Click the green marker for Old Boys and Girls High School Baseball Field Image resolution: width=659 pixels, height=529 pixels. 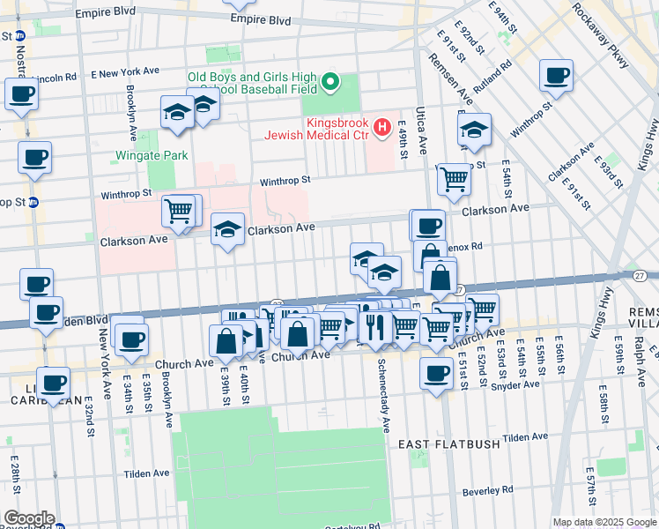click(330, 84)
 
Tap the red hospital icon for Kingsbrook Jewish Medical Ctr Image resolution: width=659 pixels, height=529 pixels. click(381, 129)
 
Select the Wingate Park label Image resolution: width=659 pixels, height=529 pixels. click(152, 156)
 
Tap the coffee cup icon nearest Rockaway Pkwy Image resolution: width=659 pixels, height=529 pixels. click(556, 76)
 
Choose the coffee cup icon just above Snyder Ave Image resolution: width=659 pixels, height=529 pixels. click(436, 372)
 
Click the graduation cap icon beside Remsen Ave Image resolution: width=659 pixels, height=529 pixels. click(474, 130)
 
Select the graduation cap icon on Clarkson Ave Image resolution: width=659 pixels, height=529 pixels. click(228, 231)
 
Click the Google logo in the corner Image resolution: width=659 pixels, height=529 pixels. click(29, 518)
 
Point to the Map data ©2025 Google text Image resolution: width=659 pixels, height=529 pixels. click(603, 522)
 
